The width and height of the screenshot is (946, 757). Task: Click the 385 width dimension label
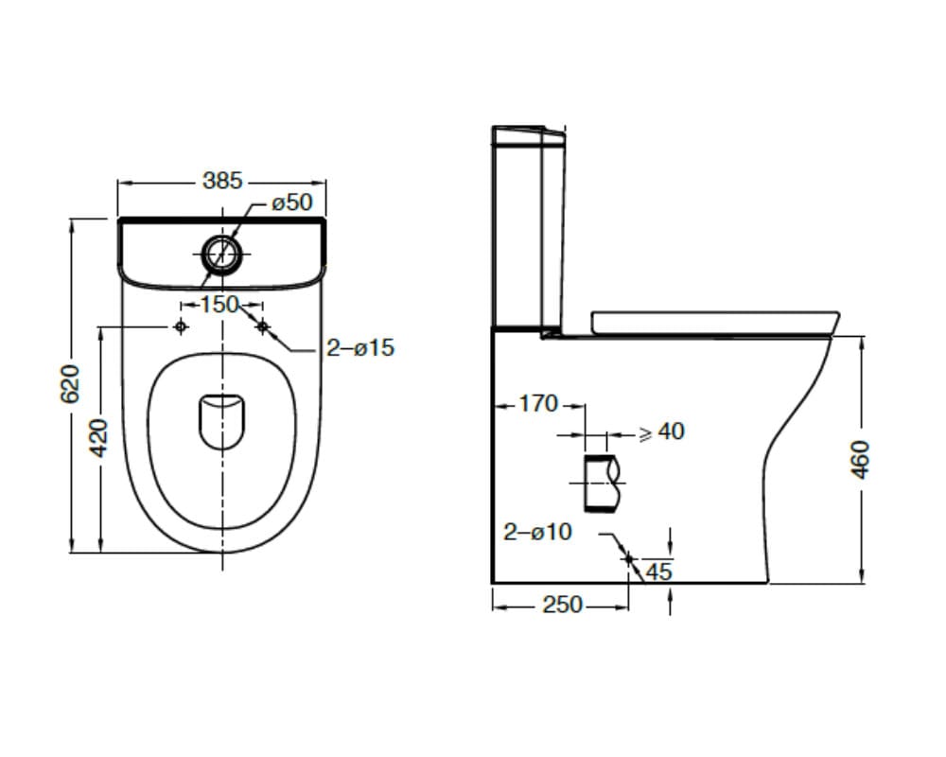coord(222,181)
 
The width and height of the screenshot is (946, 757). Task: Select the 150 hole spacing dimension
coord(219,305)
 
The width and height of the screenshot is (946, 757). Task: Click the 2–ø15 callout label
coord(360,348)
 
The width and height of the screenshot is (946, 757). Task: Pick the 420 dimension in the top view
coord(99,436)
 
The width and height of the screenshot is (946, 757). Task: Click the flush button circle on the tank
coord(221,254)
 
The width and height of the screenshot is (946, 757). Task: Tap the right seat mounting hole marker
coord(262,326)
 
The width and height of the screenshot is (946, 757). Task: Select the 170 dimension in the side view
coord(538,404)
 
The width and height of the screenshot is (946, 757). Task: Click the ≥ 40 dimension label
coord(661,431)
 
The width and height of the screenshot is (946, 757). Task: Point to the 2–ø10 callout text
coord(537,532)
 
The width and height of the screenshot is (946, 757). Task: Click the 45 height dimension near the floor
coord(658,572)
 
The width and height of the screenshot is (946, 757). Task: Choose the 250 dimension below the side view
coord(562,606)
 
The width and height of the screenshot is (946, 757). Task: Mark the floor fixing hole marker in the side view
coord(628,559)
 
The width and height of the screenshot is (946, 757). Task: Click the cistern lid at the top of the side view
coord(528,133)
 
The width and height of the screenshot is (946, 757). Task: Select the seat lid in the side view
coord(713,322)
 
